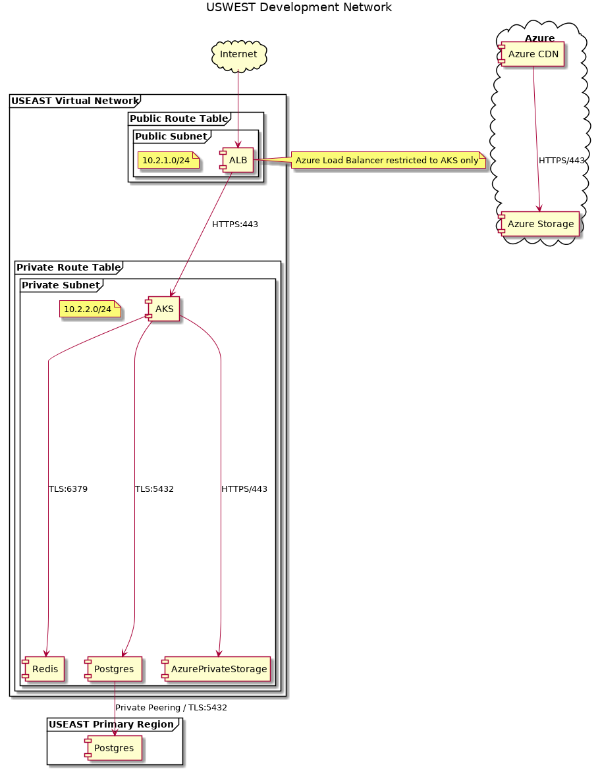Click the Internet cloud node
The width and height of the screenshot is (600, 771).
pos(238,54)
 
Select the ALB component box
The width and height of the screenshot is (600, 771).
pos(238,161)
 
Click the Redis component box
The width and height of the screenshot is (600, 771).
pos(43,669)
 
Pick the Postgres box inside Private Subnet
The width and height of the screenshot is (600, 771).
pos(113,669)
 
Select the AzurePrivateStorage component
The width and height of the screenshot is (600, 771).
pos(217,669)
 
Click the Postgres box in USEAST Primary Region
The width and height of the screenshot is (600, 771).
pos(113,748)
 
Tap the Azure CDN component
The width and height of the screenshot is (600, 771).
pos(532,55)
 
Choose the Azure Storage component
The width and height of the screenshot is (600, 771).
pos(539,225)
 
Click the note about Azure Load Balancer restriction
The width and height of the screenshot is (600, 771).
pos(387,160)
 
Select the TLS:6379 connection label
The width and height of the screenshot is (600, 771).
pos(68,489)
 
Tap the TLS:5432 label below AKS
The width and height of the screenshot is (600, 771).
pos(154,489)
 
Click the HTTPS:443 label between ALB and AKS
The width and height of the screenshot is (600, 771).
pos(235,225)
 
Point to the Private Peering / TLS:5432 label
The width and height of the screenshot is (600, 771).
pos(171,708)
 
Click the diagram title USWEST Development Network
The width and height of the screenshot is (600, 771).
pos(299,8)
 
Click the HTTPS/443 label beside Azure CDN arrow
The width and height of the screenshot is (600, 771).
pos(562,160)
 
